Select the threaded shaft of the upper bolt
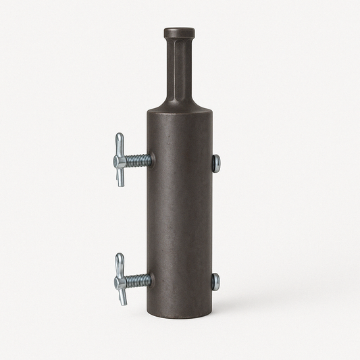coord(137,161)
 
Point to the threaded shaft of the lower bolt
coord(137,280)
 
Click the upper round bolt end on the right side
coord(215,163)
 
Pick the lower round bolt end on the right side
coord(215,282)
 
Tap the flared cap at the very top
coord(179,32)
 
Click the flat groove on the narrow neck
coord(175,68)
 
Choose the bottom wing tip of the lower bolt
coord(123,301)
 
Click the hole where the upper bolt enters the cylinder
coord(151,161)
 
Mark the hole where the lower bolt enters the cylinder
coord(151,279)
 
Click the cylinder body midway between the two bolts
coord(180,220)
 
